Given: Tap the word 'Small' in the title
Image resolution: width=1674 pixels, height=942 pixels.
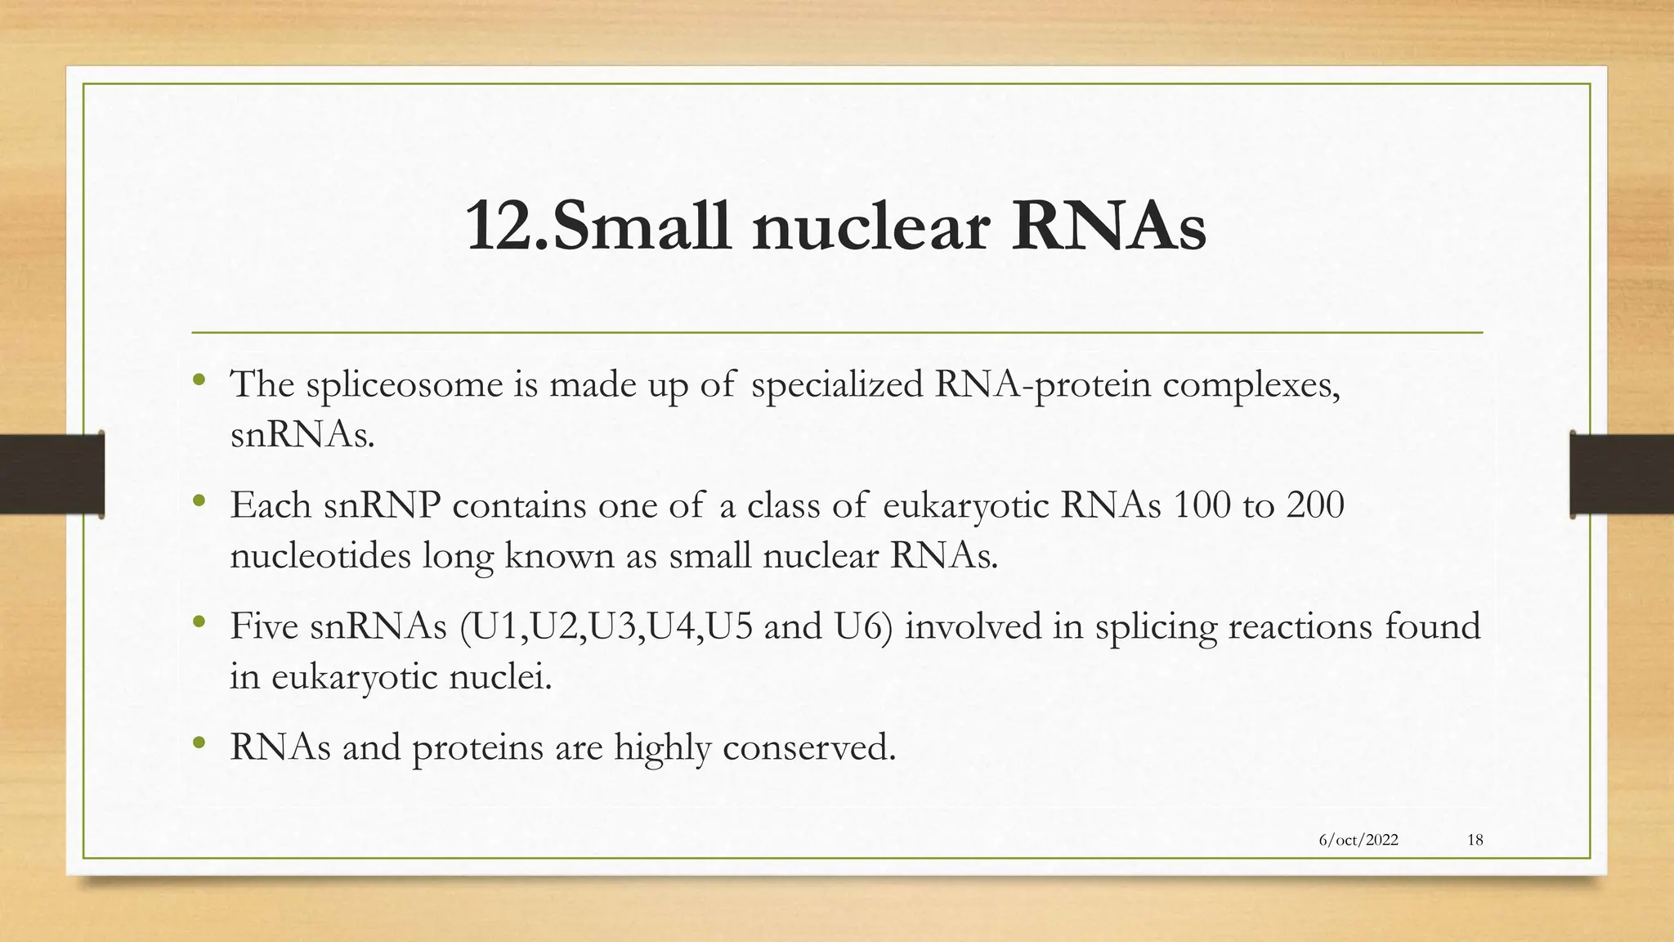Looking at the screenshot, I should (643, 227).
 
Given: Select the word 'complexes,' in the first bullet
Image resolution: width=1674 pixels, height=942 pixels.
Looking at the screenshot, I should (1251, 385).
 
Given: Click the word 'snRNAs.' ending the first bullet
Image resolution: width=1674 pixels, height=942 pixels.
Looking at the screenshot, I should (302, 435).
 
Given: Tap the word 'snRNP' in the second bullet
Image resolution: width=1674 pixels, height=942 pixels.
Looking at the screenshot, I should (382, 505).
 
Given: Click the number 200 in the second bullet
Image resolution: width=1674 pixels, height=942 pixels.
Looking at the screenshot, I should (1315, 505).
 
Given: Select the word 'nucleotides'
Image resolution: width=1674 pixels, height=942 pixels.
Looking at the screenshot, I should (320, 556).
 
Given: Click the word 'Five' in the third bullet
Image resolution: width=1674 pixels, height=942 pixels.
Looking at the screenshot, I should (264, 626).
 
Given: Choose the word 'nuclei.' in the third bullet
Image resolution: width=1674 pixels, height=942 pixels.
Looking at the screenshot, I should (500, 677).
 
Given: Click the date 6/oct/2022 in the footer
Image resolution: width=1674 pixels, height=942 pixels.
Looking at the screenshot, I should (1358, 840).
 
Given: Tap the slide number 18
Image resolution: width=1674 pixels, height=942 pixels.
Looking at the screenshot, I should (1475, 840).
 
